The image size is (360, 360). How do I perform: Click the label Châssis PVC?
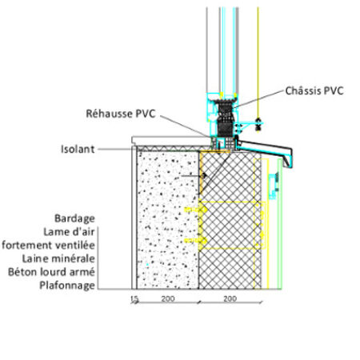click(314, 91)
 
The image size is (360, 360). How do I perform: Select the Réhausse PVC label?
click(121, 114)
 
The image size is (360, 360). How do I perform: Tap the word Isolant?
click(78, 149)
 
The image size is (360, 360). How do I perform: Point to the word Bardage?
click(74, 218)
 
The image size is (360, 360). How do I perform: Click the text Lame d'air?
click(69, 232)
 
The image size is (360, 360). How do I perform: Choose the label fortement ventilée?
click(48, 245)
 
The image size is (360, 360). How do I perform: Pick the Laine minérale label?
click(58, 258)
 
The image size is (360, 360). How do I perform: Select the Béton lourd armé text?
click(51, 272)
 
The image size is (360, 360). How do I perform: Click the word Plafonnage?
click(67, 286)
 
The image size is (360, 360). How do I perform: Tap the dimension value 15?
click(134, 299)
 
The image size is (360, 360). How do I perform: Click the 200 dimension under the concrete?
click(168, 298)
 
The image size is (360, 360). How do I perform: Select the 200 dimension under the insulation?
click(230, 298)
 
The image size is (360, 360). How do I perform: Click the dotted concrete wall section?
click(167, 220)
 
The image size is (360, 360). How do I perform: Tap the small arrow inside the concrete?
click(194, 176)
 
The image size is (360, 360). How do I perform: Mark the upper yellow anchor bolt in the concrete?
click(196, 210)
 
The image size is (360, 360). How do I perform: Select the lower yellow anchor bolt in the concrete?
click(196, 241)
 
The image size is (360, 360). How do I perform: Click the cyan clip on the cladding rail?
click(274, 186)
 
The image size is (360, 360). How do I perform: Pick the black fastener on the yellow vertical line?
click(258, 124)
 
